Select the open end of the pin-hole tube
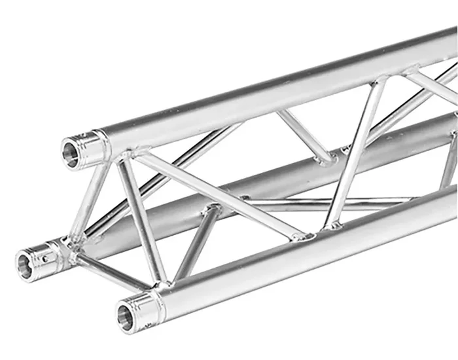[x=26, y=263]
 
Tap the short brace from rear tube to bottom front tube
[x=194, y=242]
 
